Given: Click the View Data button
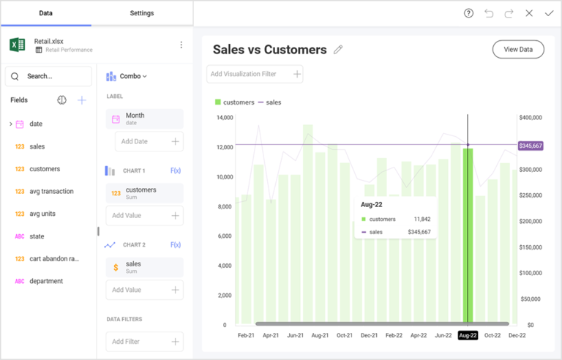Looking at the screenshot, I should click(518, 50).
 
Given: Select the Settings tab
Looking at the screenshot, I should click(142, 13).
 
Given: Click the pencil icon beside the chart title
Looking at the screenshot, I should click(338, 50).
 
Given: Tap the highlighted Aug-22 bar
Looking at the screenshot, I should click(468, 234).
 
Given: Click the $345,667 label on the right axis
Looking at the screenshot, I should click(531, 146).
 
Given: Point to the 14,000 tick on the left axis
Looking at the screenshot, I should click(224, 117).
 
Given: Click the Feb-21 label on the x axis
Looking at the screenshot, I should click(247, 335).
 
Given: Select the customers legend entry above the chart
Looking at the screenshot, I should click(235, 102).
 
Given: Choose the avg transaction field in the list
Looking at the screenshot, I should click(51, 192).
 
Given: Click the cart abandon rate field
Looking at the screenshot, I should click(54, 259).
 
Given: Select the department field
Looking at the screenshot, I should click(46, 281).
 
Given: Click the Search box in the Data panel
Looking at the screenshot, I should click(48, 76).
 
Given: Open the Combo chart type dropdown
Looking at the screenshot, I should click(127, 76).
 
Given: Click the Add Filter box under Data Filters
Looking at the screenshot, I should click(144, 342).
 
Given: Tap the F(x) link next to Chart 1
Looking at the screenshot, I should click(175, 170).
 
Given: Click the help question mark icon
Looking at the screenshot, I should click(469, 13).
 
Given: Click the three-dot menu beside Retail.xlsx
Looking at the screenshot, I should click(181, 45).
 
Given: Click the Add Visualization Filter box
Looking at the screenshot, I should click(255, 74).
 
